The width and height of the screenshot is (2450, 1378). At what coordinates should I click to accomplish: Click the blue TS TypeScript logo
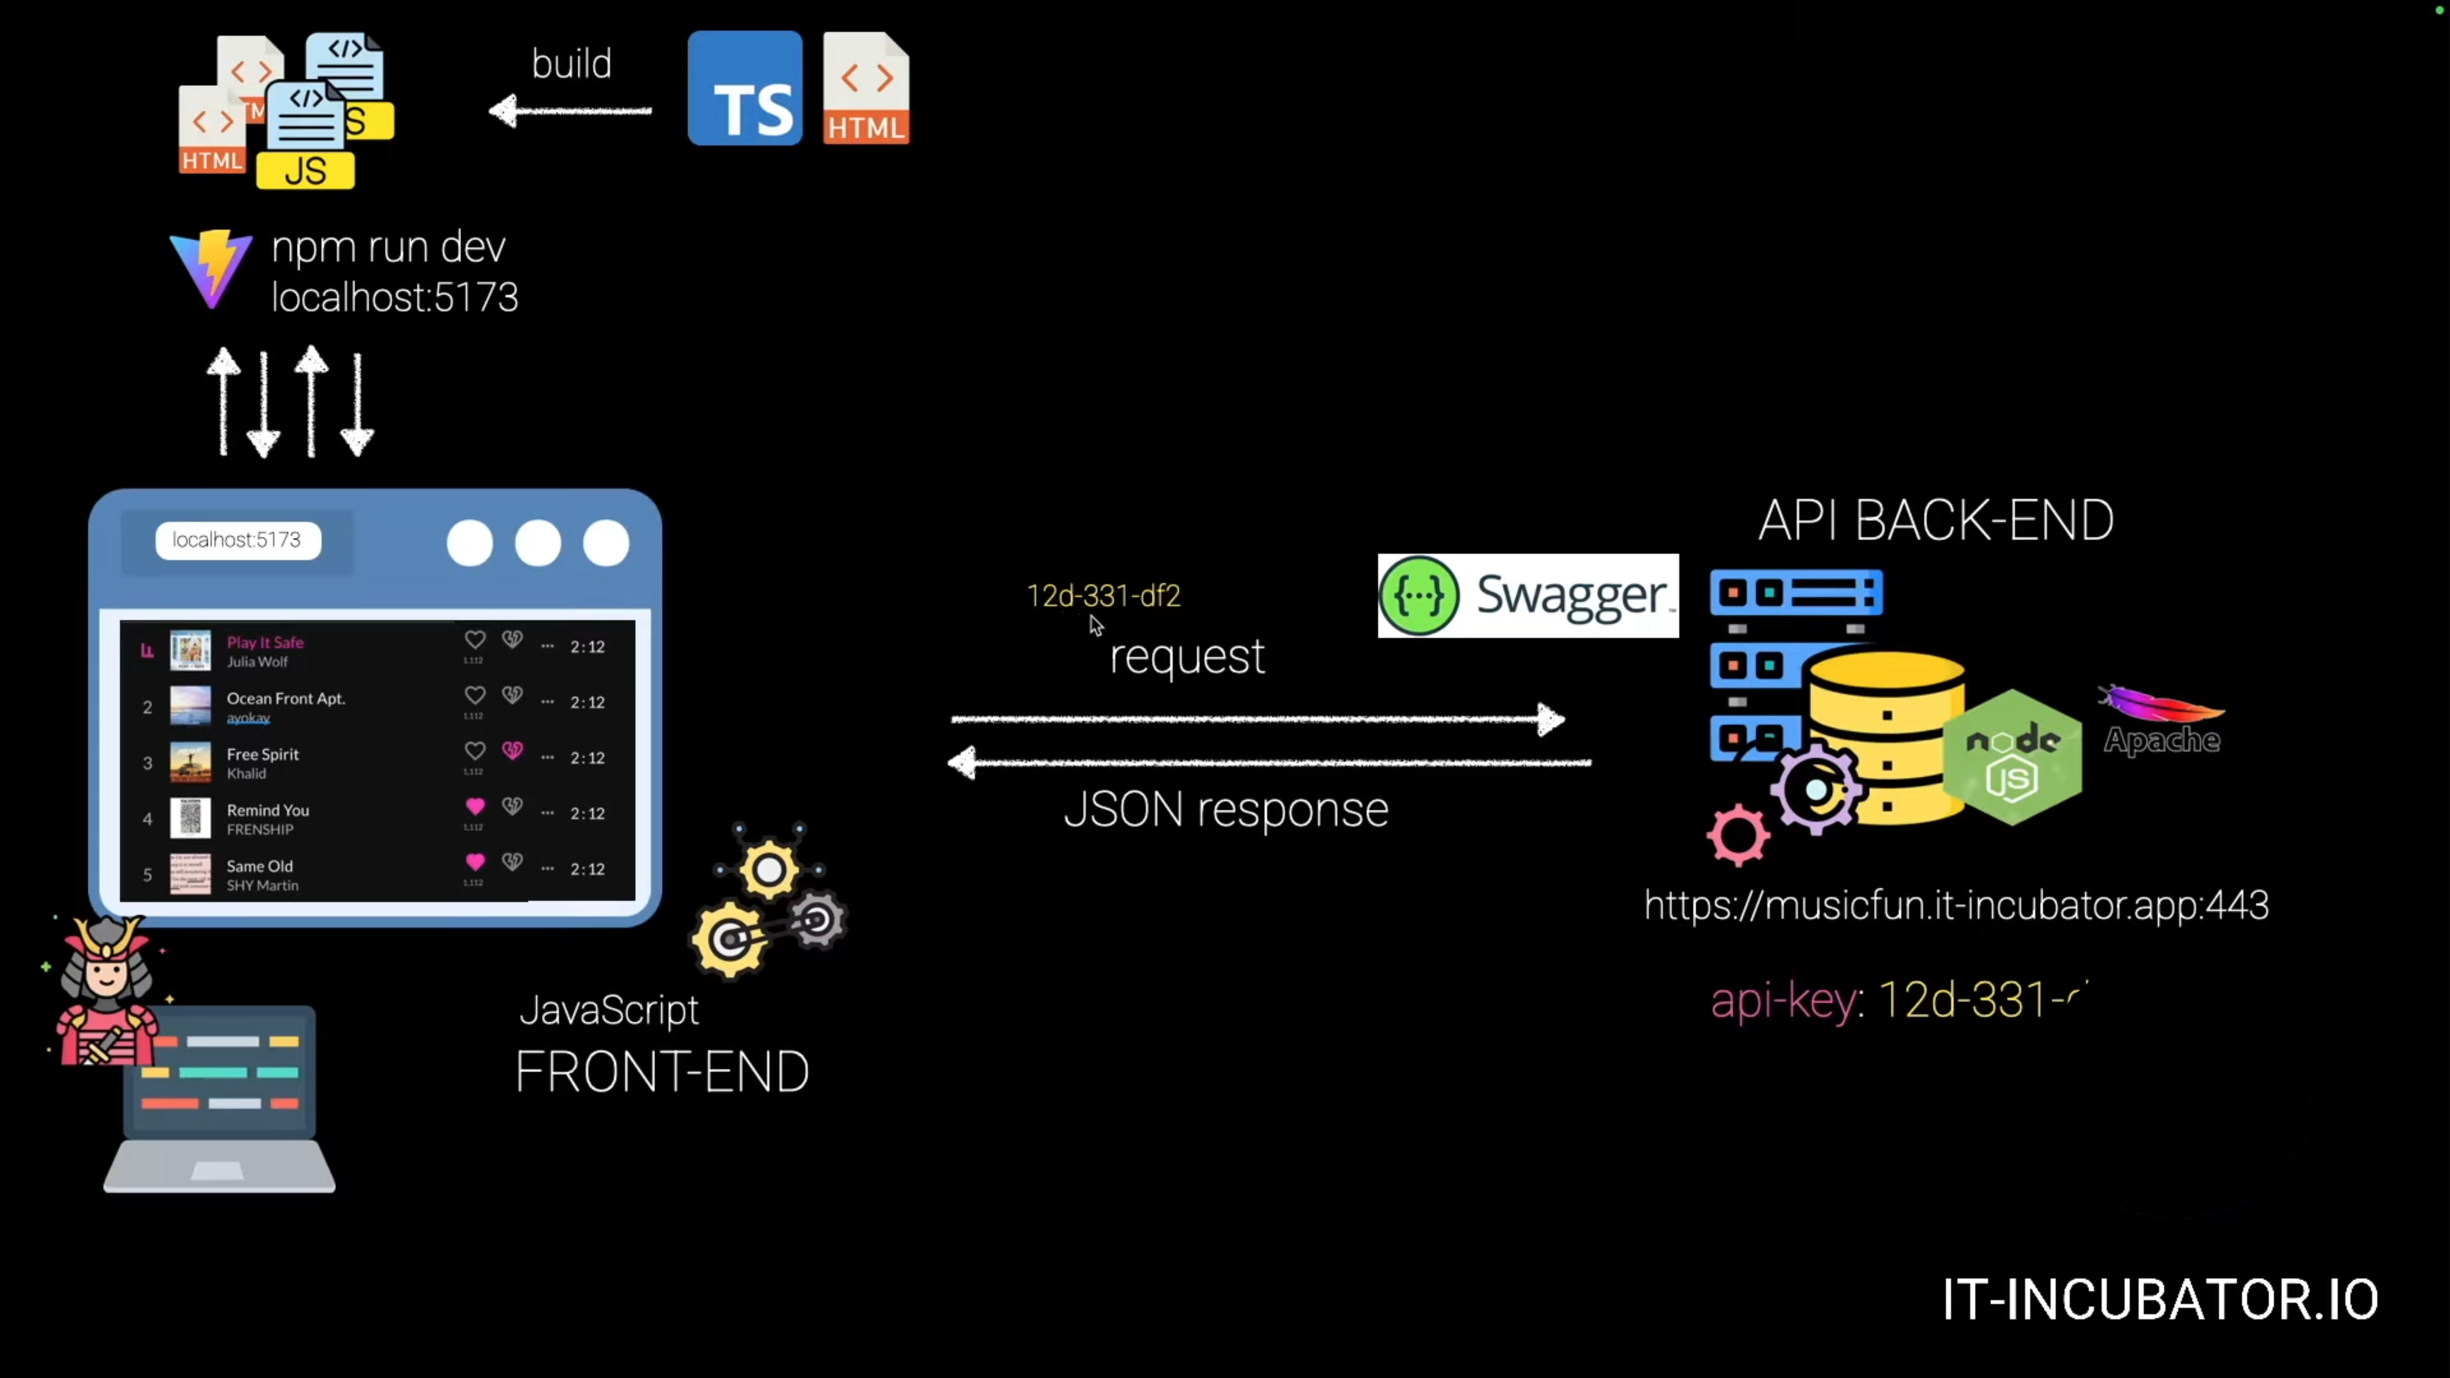[745, 89]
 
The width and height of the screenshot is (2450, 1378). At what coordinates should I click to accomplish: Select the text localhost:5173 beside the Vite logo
[395, 298]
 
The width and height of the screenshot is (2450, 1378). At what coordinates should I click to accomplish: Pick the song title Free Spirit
[263, 754]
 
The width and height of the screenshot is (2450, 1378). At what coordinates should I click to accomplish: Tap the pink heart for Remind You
[475, 806]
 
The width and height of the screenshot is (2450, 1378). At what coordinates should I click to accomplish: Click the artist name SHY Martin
[263, 885]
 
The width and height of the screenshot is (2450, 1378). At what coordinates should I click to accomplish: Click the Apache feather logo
[2161, 704]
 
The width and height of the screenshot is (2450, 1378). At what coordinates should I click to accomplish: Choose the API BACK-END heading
[1936, 521]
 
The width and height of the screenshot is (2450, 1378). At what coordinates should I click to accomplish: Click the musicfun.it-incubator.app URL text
[1956, 905]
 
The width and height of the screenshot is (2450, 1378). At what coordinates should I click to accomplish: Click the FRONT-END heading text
[662, 1073]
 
